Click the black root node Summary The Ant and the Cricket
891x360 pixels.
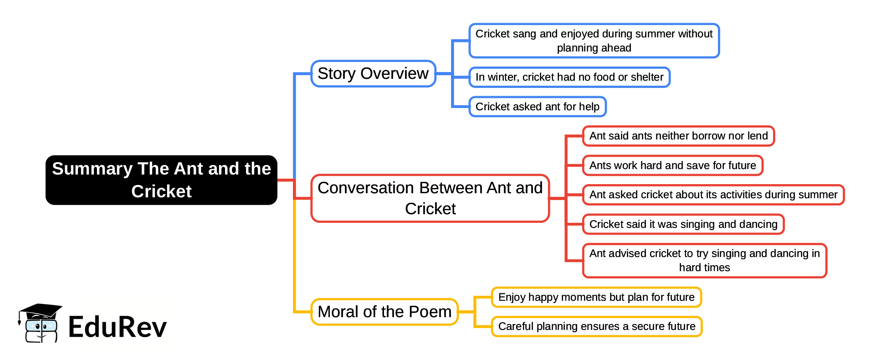point(161,180)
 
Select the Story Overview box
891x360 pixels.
point(373,73)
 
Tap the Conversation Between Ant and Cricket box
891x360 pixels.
point(430,198)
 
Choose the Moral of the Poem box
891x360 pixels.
point(384,312)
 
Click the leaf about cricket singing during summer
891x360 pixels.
point(594,41)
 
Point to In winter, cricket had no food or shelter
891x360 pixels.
point(569,77)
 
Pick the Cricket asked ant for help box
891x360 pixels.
point(537,107)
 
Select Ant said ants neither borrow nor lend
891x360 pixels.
point(678,136)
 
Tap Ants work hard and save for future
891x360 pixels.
point(672,165)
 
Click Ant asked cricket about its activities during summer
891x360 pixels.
point(713,195)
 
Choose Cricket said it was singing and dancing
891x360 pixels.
point(683,224)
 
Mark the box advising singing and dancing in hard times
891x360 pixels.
point(704,260)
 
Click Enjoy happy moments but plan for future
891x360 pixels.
point(596,297)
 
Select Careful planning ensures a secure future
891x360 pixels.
point(596,326)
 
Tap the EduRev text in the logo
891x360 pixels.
point(118,327)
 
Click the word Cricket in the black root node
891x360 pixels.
point(161,191)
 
